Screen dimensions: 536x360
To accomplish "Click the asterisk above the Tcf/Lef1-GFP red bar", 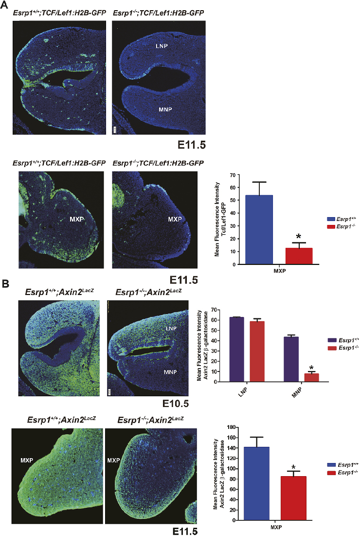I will (299, 237).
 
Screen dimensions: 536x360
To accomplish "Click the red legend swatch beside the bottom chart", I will (319, 473).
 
